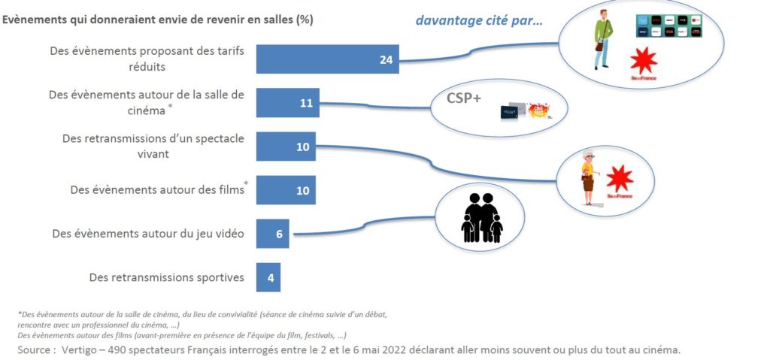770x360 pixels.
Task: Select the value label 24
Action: tap(387, 60)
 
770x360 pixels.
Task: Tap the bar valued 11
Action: tap(287, 103)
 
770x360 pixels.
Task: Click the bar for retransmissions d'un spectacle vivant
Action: tap(286, 147)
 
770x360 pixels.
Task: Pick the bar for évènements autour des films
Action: tap(286, 190)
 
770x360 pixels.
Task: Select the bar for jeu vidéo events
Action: tap(272, 234)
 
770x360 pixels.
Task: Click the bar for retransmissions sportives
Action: tap(268, 277)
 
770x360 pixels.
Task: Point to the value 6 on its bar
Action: tap(279, 234)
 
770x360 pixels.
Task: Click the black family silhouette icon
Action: tap(481, 218)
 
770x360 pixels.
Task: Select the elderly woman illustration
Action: tap(587, 178)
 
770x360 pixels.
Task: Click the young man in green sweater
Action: tap(602, 41)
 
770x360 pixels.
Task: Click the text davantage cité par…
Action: tap(480, 20)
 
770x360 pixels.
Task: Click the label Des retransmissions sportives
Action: tap(166, 277)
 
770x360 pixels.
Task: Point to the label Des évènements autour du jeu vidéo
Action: tap(148, 234)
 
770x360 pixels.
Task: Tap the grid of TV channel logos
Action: tap(668, 26)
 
